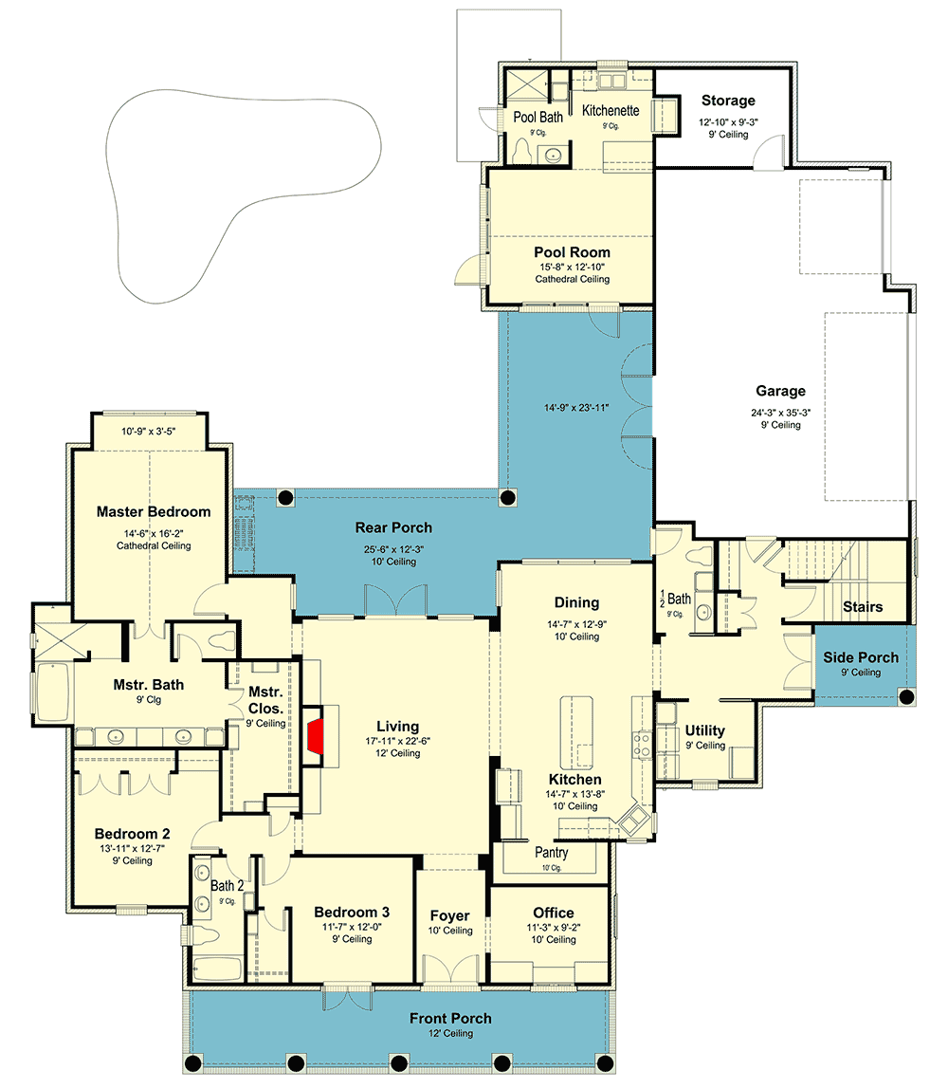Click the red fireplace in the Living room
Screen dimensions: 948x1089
pos(316,736)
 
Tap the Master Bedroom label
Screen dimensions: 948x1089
pos(154,512)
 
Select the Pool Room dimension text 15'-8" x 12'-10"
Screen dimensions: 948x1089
pos(572,267)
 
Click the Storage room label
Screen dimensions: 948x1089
pos(728,101)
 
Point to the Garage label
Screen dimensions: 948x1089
pos(781,391)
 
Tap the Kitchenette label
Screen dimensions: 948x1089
pos(611,110)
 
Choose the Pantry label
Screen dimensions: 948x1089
pos(551,852)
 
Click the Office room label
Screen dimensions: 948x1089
pos(553,914)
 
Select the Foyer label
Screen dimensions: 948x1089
pos(449,916)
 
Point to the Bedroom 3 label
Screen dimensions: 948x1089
pos(352,912)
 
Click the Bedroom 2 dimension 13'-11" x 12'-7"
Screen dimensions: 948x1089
pos(132,849)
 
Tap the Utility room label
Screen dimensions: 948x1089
pos(705,730)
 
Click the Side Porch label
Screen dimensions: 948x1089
pos(861,657)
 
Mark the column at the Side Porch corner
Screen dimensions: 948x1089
pos(906,696)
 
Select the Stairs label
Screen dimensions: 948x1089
pos(863,607)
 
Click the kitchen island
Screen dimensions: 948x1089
pos(576,732)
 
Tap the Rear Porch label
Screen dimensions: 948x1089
pos(393,527)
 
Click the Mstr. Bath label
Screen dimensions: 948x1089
pos(149,685)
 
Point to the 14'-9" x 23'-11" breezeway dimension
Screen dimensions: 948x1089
pos(576,408)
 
